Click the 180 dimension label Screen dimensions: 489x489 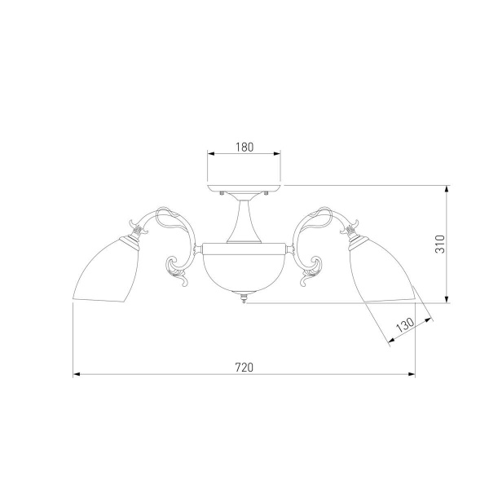[x=244, y=147]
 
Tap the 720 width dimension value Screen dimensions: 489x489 [x=244, y=368]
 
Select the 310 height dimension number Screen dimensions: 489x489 [x=440, y=244]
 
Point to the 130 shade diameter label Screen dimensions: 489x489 [x=405, y=325]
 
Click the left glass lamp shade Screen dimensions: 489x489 [x=106, y=270]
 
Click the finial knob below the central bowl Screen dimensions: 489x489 [x=244, y=297]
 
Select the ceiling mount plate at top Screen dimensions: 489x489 [x=244, y=188]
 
